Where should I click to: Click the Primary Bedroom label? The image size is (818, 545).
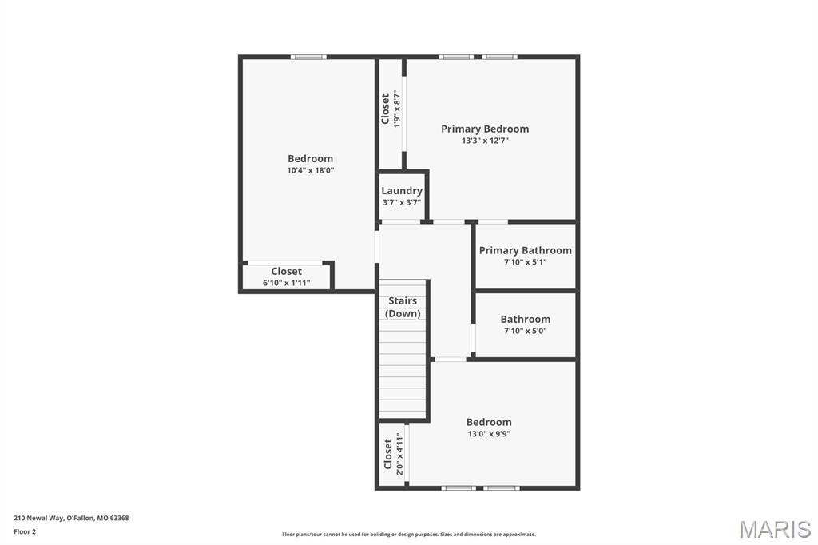tap(485, 129)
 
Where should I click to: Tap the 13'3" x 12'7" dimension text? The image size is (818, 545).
tap(485, 141)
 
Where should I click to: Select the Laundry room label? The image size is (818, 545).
tap(402, 190)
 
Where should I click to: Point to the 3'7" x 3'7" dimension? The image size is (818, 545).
tap(402, 202)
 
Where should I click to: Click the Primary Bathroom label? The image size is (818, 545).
tap(525, 250)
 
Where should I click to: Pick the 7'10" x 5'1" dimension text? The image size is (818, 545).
tap(525, 262)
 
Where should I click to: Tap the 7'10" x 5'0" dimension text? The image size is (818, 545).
tap(525, 331)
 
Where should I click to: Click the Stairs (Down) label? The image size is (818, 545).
tap(403, 307)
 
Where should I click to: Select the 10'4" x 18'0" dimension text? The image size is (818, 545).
tap(310, 170)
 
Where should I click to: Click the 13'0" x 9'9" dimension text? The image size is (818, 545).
tap(489, 434)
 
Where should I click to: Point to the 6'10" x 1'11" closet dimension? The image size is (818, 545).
tap(286, 283)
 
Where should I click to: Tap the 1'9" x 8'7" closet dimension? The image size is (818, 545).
tap(396, 109)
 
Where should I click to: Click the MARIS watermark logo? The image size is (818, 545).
tap(775, 529)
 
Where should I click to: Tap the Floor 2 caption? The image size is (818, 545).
tap(26, 531)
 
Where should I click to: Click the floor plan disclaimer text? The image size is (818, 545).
tap(408, 535)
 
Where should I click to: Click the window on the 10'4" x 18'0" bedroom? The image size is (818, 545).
tap(308, 57)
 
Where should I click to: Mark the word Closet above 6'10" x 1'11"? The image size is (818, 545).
tap(286, 271)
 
